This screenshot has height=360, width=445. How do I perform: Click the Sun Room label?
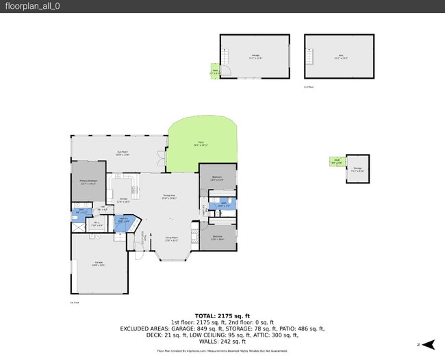click(123, 154)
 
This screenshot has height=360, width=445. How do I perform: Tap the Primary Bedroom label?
click(88, 183)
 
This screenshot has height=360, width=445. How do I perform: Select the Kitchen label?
click(123, 201)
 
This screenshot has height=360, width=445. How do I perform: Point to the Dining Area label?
click(168, 197)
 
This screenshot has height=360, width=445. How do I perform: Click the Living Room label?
click(171, 239)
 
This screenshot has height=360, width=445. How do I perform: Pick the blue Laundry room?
click(124, 221)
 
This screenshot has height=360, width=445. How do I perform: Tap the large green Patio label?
click(201, 144)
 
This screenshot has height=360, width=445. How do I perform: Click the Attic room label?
click(340, 57)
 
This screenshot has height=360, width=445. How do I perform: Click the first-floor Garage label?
click(99, 266)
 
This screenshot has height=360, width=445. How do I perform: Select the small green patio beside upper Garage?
click(214, 70)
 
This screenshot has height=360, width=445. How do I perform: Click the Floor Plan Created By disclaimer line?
click(222, 350)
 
